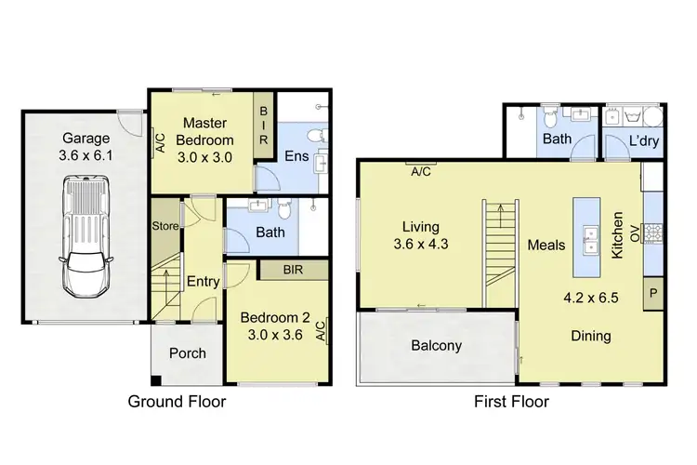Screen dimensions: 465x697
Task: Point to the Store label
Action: (x=164, y=224)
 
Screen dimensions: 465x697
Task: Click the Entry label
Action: (x=202, y=281)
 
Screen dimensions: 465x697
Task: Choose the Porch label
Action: (x=186, y=353)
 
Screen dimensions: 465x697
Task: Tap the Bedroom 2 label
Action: (x=272, y=325)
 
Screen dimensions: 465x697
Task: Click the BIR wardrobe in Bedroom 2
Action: (x=296, y=271)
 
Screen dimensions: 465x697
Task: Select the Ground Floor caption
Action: (x=178, y=402)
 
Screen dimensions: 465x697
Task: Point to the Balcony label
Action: (x=436, y=346)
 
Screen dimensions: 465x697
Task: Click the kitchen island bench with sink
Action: (x=588, y=238)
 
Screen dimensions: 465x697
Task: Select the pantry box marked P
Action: (x=653, y=293)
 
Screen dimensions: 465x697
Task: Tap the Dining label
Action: (x=591, y=336)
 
